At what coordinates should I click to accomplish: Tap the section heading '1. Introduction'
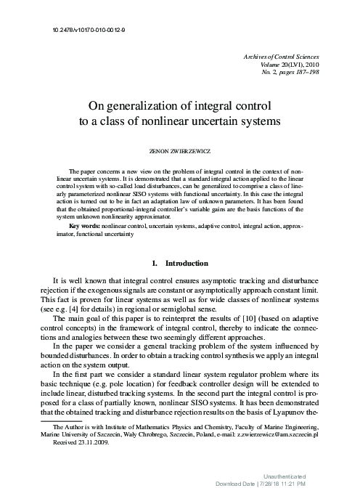[x=180, y=263]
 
